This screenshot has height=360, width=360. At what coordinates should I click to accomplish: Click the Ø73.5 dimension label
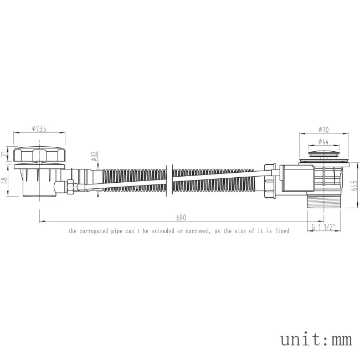click(39, 129)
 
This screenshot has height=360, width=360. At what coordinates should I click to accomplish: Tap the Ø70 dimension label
click(323, 130)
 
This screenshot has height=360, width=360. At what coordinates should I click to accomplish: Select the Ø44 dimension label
click(323, 142)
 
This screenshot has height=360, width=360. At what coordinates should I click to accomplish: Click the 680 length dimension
click(181, 218)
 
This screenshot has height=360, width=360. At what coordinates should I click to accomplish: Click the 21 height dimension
click(5, 155)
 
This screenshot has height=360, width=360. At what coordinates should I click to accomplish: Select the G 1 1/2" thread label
click(324, 227)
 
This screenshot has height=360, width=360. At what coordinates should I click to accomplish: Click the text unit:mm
click(316, 340)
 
